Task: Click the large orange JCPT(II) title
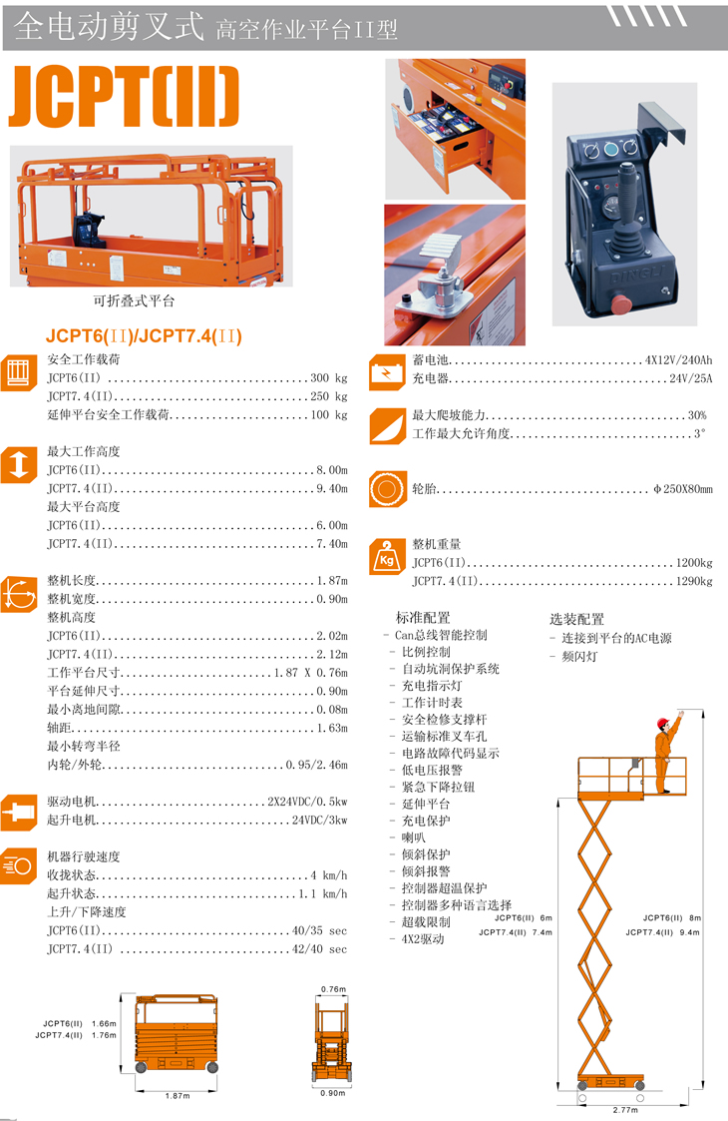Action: point(125,98)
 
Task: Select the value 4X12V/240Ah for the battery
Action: point(679,360)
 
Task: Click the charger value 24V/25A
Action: point(691,378)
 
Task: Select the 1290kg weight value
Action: point(694,580)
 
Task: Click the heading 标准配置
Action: point(423,619)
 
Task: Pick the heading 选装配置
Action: point(576,619)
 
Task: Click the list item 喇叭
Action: point(414,838)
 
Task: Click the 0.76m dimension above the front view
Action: point(332,989)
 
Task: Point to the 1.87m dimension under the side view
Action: point(177,1096)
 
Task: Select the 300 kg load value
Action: point(329,378)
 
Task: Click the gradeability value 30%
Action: point(696,415)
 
